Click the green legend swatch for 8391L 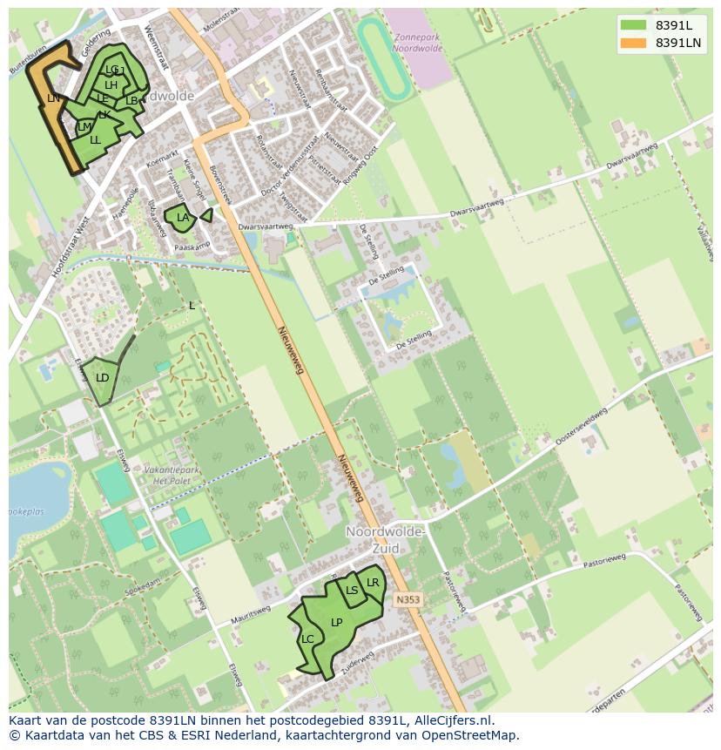click(633, 25)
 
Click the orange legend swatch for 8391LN click(633, 43)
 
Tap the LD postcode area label click(102, 378)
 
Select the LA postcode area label click(183, 218)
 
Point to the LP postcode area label click(336, 622)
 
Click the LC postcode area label click(307, 639)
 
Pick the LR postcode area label click(373, 583)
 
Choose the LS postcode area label click(352, 591)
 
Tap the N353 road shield click(408, 600)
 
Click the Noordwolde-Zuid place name click(385, 540)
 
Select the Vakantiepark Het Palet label click(172, 475)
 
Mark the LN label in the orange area click(54, 98)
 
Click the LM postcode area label click(84, 127)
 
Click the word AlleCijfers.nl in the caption click(451, 720)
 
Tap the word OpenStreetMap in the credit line click(470, 735)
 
